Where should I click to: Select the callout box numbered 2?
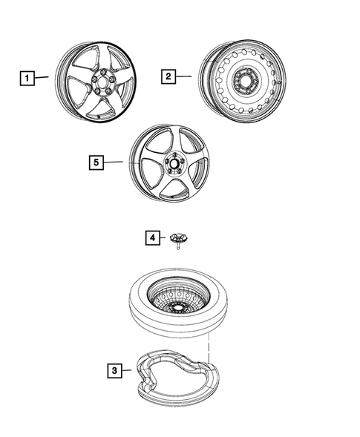pyautogui.click(x=168, y=76)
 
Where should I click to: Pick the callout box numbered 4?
pyautogui.click(x=151, y=237)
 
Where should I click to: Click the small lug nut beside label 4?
pyautogui.click(x=179, y=240)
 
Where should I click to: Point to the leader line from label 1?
pyautogui.click(x=42, y=76)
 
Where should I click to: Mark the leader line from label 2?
pyautogui.click(x=185, y=76)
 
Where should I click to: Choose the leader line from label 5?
pyautogui.click(x=114, y=162)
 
